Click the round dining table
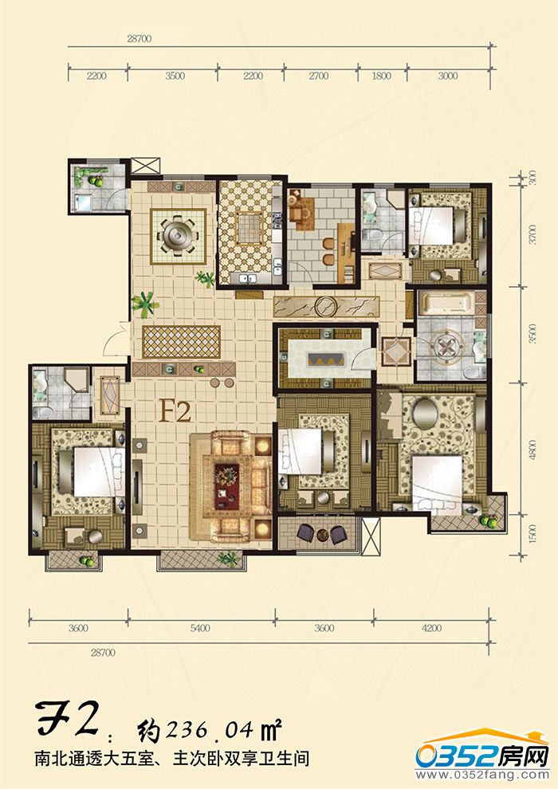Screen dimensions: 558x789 coord(178,236)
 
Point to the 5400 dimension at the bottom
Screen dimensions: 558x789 coord(200,628)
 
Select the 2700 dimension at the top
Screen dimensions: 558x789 coord(319,76)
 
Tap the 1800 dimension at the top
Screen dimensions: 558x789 coord(381,76)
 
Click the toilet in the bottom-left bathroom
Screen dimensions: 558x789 coord(41,411)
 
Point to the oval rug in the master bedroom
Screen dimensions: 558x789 coord(425,413)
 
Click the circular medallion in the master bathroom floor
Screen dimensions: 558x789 coord(446,346)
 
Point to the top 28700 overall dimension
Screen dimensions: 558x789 coord(139,39)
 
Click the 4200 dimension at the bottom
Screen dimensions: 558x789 coord(431,628)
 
